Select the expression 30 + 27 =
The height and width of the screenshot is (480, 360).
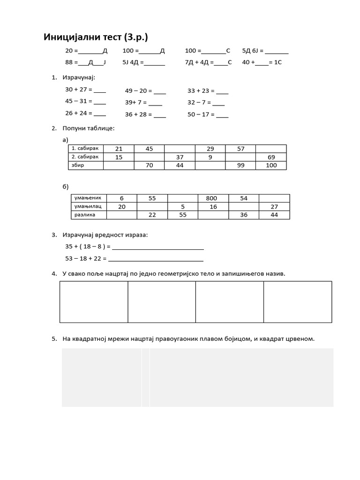pos(79,89)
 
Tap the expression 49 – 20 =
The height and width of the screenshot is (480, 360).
pos(139,91)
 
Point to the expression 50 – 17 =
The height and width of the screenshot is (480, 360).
pos(201,114)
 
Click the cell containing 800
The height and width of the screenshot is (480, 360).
pos(211,198)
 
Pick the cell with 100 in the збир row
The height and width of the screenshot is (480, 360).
pos(271,165)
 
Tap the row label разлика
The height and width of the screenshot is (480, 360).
pos(85,215)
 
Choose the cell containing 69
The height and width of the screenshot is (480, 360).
pos(271,157)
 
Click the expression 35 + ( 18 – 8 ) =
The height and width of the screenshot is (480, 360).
pos(88,246)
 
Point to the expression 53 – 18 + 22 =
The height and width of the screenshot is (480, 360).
pos(86,258)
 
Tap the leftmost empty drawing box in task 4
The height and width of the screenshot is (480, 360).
pos(94,302)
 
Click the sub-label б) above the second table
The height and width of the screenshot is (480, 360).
pos(66,187)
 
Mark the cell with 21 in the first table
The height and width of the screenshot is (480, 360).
pos(119,149)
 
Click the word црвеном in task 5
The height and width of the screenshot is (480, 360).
pos(299,338)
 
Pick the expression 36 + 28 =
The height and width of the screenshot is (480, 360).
pos(138,114)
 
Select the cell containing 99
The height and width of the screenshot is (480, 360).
pos(241,165)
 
